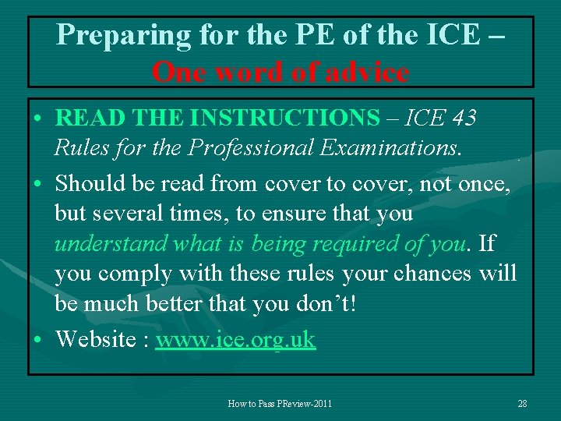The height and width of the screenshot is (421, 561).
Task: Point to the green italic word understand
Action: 111,244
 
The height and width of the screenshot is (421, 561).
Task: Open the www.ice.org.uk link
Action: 235,340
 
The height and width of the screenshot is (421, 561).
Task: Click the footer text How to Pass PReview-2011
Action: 280,403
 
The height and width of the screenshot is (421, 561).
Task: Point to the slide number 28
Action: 522,403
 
